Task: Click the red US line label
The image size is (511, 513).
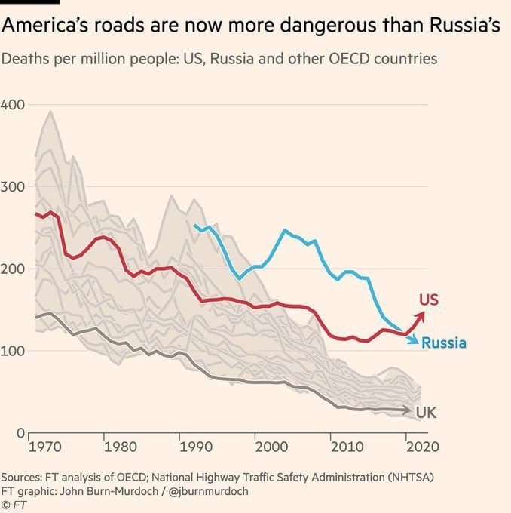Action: pos(428,300)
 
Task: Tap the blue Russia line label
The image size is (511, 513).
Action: pos(443,343)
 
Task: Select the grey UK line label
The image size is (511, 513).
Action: pos(426,413)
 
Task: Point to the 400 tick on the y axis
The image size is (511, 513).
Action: pos(13,104)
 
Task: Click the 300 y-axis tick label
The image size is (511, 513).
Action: pos(13,186)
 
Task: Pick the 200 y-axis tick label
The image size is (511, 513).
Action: pos(13,269)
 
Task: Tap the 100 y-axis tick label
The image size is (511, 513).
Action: pos(13,351)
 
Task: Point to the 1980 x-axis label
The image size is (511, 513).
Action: pos(120,446)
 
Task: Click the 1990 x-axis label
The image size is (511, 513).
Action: pos(195,446)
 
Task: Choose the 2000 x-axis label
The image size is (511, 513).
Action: pos(271,446)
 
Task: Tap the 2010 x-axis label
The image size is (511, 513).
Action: pos(346,446)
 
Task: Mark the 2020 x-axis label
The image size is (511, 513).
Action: pos(421,446)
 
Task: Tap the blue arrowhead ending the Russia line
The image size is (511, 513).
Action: pos(413,341)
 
